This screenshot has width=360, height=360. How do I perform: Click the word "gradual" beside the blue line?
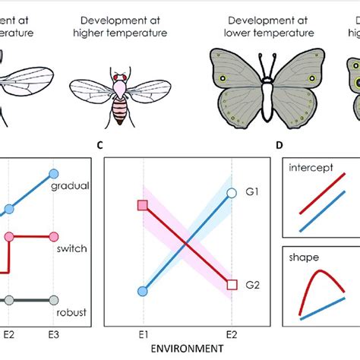point(68,185)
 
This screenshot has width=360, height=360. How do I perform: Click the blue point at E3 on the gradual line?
point(52,173)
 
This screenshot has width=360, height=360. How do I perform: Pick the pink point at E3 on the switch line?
point(52,237)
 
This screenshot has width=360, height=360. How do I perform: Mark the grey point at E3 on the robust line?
point(52,300)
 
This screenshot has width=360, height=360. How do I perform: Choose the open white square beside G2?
point(232,285)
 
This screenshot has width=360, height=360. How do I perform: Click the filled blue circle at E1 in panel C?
point(143,291)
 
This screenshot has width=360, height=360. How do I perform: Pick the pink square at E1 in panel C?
point(143,206)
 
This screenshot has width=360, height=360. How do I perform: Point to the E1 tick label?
point(143,333)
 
